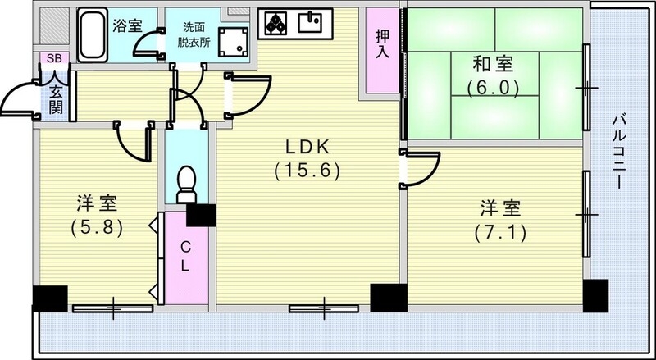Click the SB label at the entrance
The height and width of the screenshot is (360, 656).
tap(54, 58)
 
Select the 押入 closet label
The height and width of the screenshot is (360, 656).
tap(381, 46)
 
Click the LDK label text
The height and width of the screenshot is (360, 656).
tap(307, 148)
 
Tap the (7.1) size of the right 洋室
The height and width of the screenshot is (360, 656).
tap(499, 232)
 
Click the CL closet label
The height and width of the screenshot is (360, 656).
tap(186, 257)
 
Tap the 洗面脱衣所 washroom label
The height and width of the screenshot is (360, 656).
tap(195, 31)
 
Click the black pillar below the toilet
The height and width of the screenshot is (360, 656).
tap(201, 214)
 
